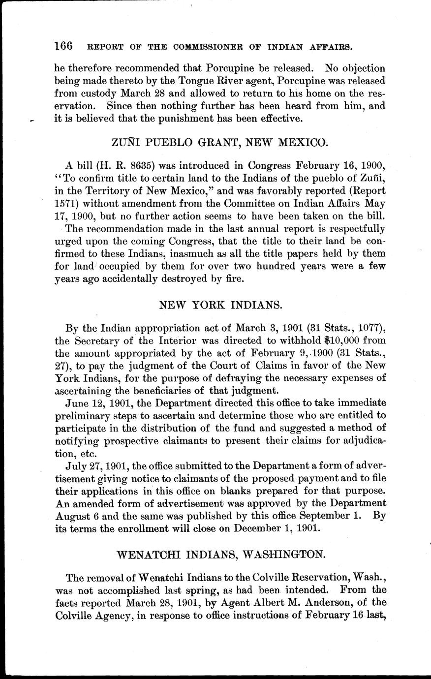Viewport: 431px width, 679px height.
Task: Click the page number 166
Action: click(x=63, y=46)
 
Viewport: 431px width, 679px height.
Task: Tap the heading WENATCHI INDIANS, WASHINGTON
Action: click(x=221, y=554)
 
